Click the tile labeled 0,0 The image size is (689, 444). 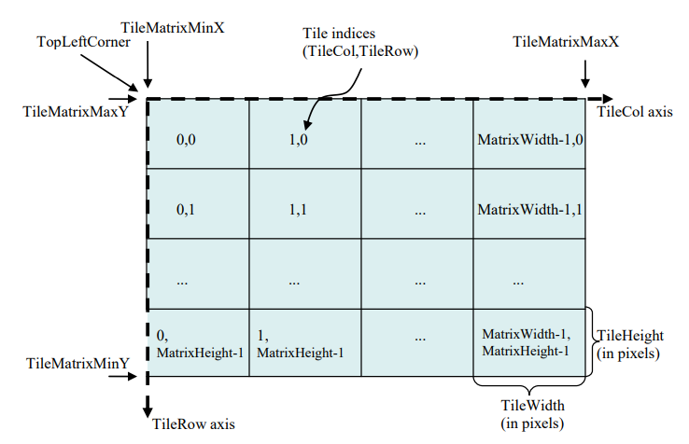tap(198, 133)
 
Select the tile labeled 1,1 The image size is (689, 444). tap(305, 203)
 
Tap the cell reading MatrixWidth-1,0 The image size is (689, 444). tap(529, 133)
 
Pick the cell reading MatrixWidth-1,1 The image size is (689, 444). tap(529, 203)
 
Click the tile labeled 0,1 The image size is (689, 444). tap(198, 203)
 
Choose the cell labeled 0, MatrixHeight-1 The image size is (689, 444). tap(198, 342)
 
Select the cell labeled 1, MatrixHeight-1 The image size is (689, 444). tap(305, 342)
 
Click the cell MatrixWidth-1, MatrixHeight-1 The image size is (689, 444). tap(529, 342)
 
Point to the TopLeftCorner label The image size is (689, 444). tap(83, 42)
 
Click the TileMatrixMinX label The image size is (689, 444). tap(172, 28)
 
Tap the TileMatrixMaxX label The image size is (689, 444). tap(566, 42)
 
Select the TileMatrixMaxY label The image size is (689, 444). tap(76, 112)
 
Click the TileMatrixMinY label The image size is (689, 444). tap(77, 363)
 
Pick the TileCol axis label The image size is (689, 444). tap(635, 112)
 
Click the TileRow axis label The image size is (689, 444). tap(193, 423)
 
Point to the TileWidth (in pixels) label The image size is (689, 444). tap(532, 414)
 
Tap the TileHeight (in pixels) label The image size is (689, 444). tap(630, 344)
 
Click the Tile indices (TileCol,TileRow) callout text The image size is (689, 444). tap(360, 42)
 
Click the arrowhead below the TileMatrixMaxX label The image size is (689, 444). tap(584, 83)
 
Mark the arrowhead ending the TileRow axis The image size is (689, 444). tap(148, 412)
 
